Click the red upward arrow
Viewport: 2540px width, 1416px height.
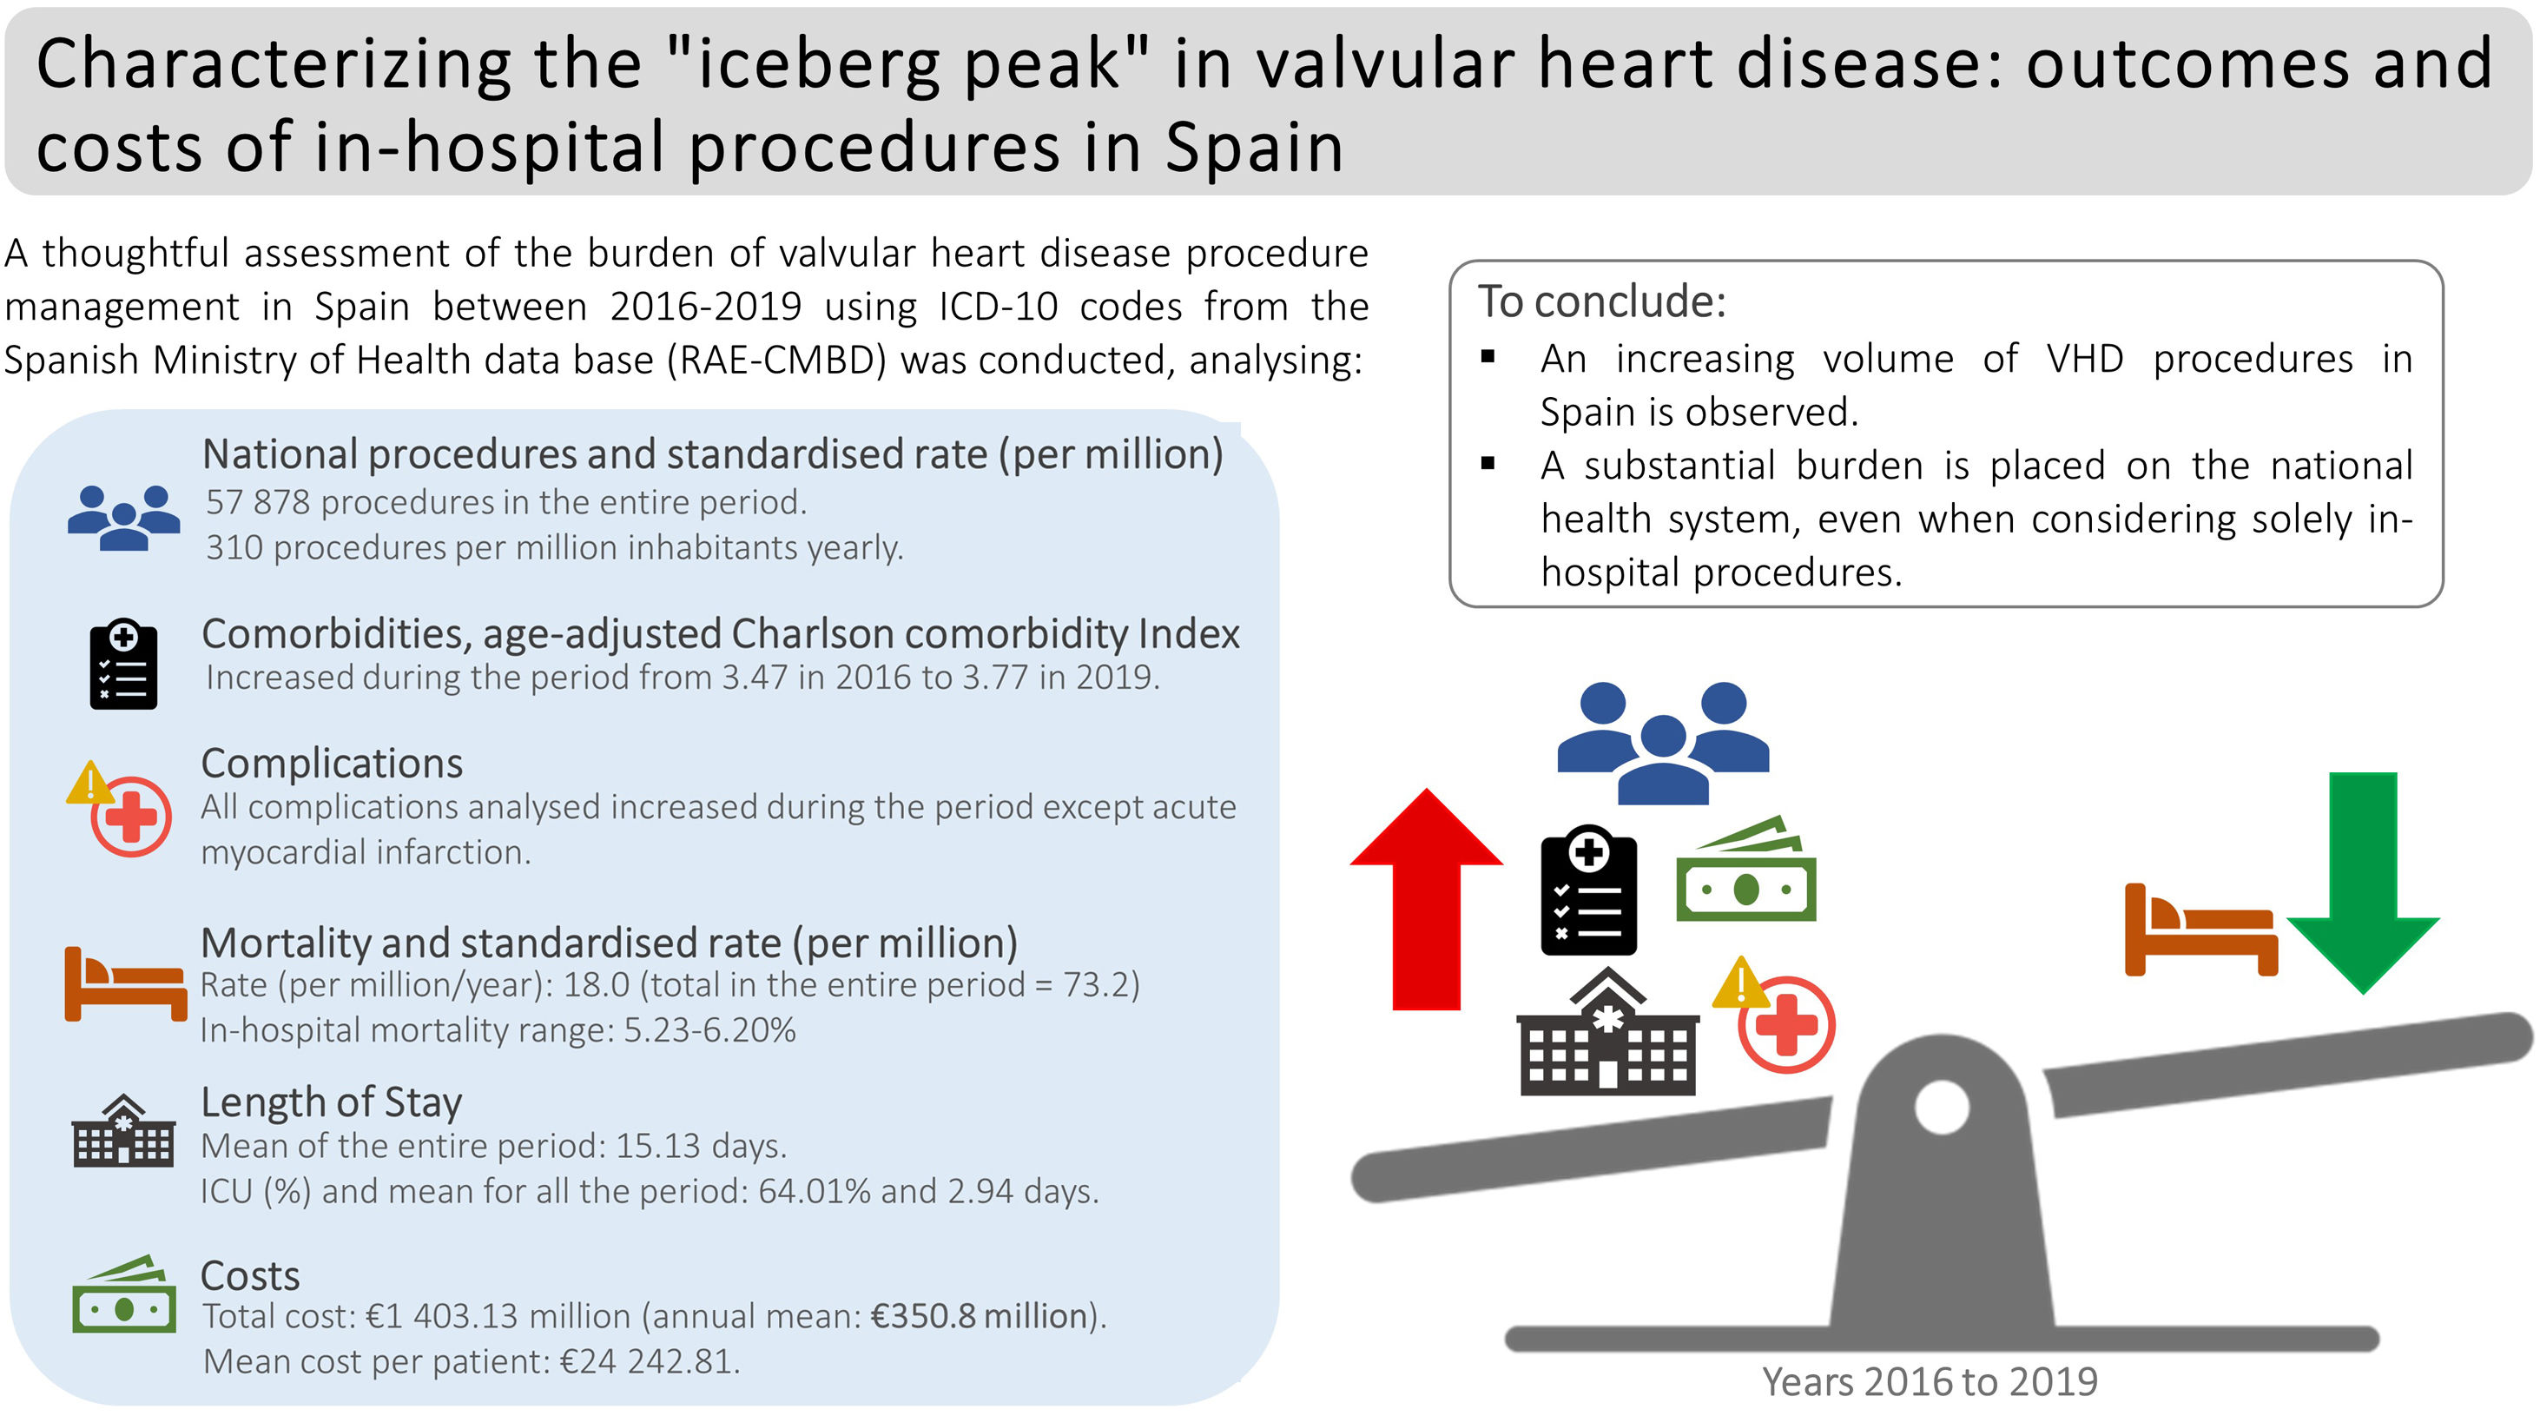(1426, 898)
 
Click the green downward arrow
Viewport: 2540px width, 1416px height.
(2363, 883)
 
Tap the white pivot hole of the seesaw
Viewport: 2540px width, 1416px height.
(1942, 1107)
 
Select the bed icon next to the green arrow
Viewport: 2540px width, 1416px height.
(2200, 930)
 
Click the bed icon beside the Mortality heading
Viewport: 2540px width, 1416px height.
(125, 983)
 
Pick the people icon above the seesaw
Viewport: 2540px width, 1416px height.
(1664, 743)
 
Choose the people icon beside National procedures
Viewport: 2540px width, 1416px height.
(124, 518)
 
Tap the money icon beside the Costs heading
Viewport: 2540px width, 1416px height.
(124, 1294)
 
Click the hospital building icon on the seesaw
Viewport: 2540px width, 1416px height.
(1607, 1031)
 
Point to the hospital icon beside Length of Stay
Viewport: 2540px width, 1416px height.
(123, 1130)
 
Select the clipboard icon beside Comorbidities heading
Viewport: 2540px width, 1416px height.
(123, 663)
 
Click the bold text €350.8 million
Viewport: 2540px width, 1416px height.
(980, 1316)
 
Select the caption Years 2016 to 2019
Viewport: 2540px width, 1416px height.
(1930, 1382)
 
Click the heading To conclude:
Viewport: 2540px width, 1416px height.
(1601, 301)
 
